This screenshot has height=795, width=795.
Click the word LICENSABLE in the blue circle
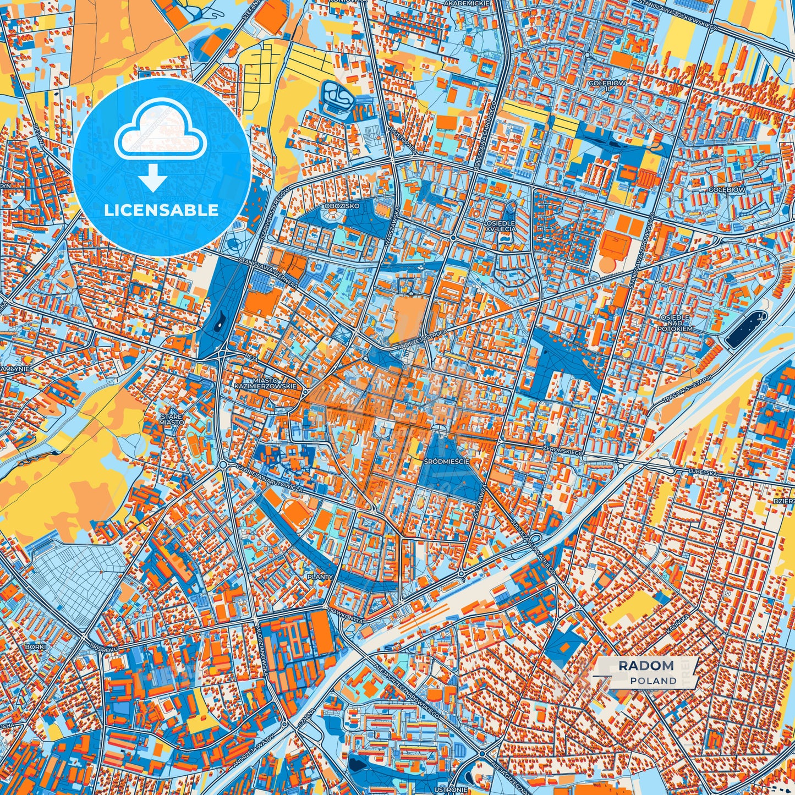[161, 210]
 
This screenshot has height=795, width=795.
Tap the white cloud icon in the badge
[161, 134]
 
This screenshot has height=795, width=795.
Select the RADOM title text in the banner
[646, 666]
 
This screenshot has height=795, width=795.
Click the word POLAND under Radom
[653, 681]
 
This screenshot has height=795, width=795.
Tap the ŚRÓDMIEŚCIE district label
[447, 461]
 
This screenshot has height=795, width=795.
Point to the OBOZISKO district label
[342, 206]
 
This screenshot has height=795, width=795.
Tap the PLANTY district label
[320, 577]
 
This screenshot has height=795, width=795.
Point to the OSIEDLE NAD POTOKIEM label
[675, 323]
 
